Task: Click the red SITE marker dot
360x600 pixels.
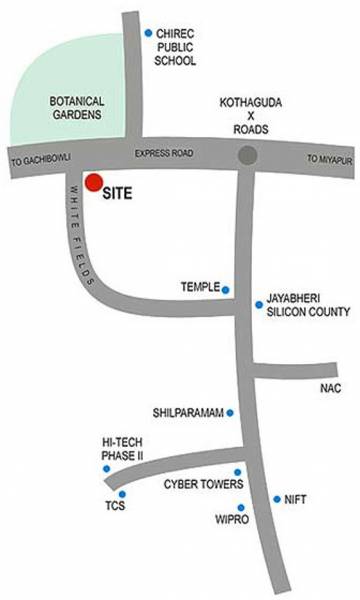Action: [93, 183]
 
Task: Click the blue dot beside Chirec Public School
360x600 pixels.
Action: [148, 33]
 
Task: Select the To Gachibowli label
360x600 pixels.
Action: [37, 160]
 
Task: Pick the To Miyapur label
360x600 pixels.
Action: [328, 159]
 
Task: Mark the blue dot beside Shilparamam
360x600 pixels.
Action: [231, 412]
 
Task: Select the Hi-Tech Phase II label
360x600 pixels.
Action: [122, 447]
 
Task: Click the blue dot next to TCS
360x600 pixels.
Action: [122, 494]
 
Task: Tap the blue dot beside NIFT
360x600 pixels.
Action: [277, 499]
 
